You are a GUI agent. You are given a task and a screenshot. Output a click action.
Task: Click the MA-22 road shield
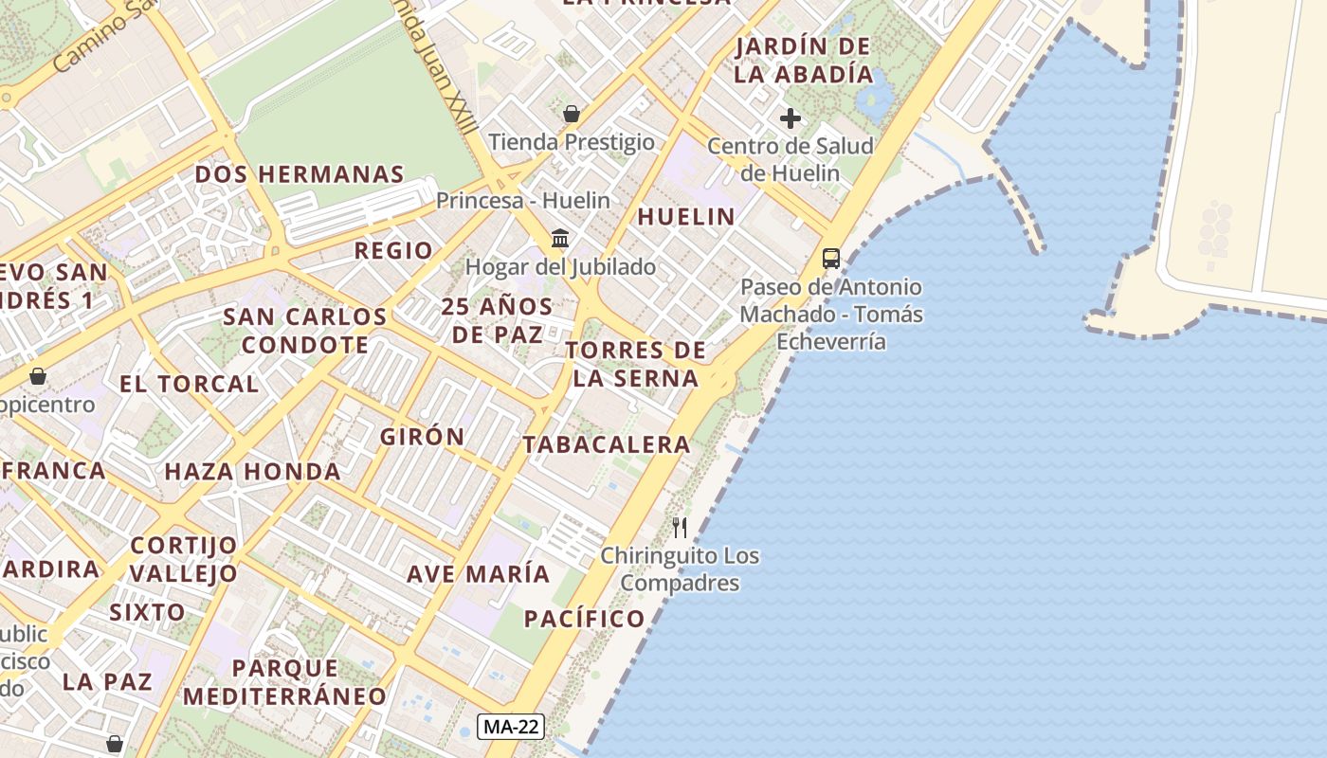(x=512, y=727)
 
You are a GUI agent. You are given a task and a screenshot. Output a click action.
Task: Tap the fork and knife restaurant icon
(x=680, y=528)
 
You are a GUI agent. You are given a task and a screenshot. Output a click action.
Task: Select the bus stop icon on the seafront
(x=831, y=258)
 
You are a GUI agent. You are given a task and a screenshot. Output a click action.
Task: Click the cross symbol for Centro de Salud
(x=791, y=118)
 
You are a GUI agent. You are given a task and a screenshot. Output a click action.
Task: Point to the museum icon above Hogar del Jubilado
(x=560, y=238)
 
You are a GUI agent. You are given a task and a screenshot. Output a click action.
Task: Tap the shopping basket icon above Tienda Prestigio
(x=572, y=115)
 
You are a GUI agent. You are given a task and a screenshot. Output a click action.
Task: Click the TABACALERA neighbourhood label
(x=607, y=444)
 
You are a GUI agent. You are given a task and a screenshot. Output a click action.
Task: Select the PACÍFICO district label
(x=585, y=619)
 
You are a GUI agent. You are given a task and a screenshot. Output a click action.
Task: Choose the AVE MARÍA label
(x=479, y=574)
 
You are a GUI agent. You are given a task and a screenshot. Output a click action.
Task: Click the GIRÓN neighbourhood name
(x=423, y=437)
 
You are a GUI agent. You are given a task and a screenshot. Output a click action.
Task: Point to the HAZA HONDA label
(x=252, y=472)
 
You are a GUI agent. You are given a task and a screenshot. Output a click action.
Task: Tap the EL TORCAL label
(x=190, y=384)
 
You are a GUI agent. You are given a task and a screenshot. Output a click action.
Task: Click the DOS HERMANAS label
(x=300, y=174)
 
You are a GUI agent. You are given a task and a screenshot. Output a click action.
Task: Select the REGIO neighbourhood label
(x=393, y=250)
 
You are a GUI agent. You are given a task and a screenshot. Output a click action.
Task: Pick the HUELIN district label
(x=686, y=217)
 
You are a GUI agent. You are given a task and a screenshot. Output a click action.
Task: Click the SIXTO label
(x=147, y=611)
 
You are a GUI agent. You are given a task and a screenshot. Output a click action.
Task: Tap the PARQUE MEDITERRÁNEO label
(x=285, y=682)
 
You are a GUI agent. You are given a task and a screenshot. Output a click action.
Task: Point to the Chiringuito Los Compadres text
(x=680, y=568)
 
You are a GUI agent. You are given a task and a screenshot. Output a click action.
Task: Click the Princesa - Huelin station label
(x=523, y=201)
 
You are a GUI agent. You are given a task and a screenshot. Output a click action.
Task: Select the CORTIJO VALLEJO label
(x=184, y=559)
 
